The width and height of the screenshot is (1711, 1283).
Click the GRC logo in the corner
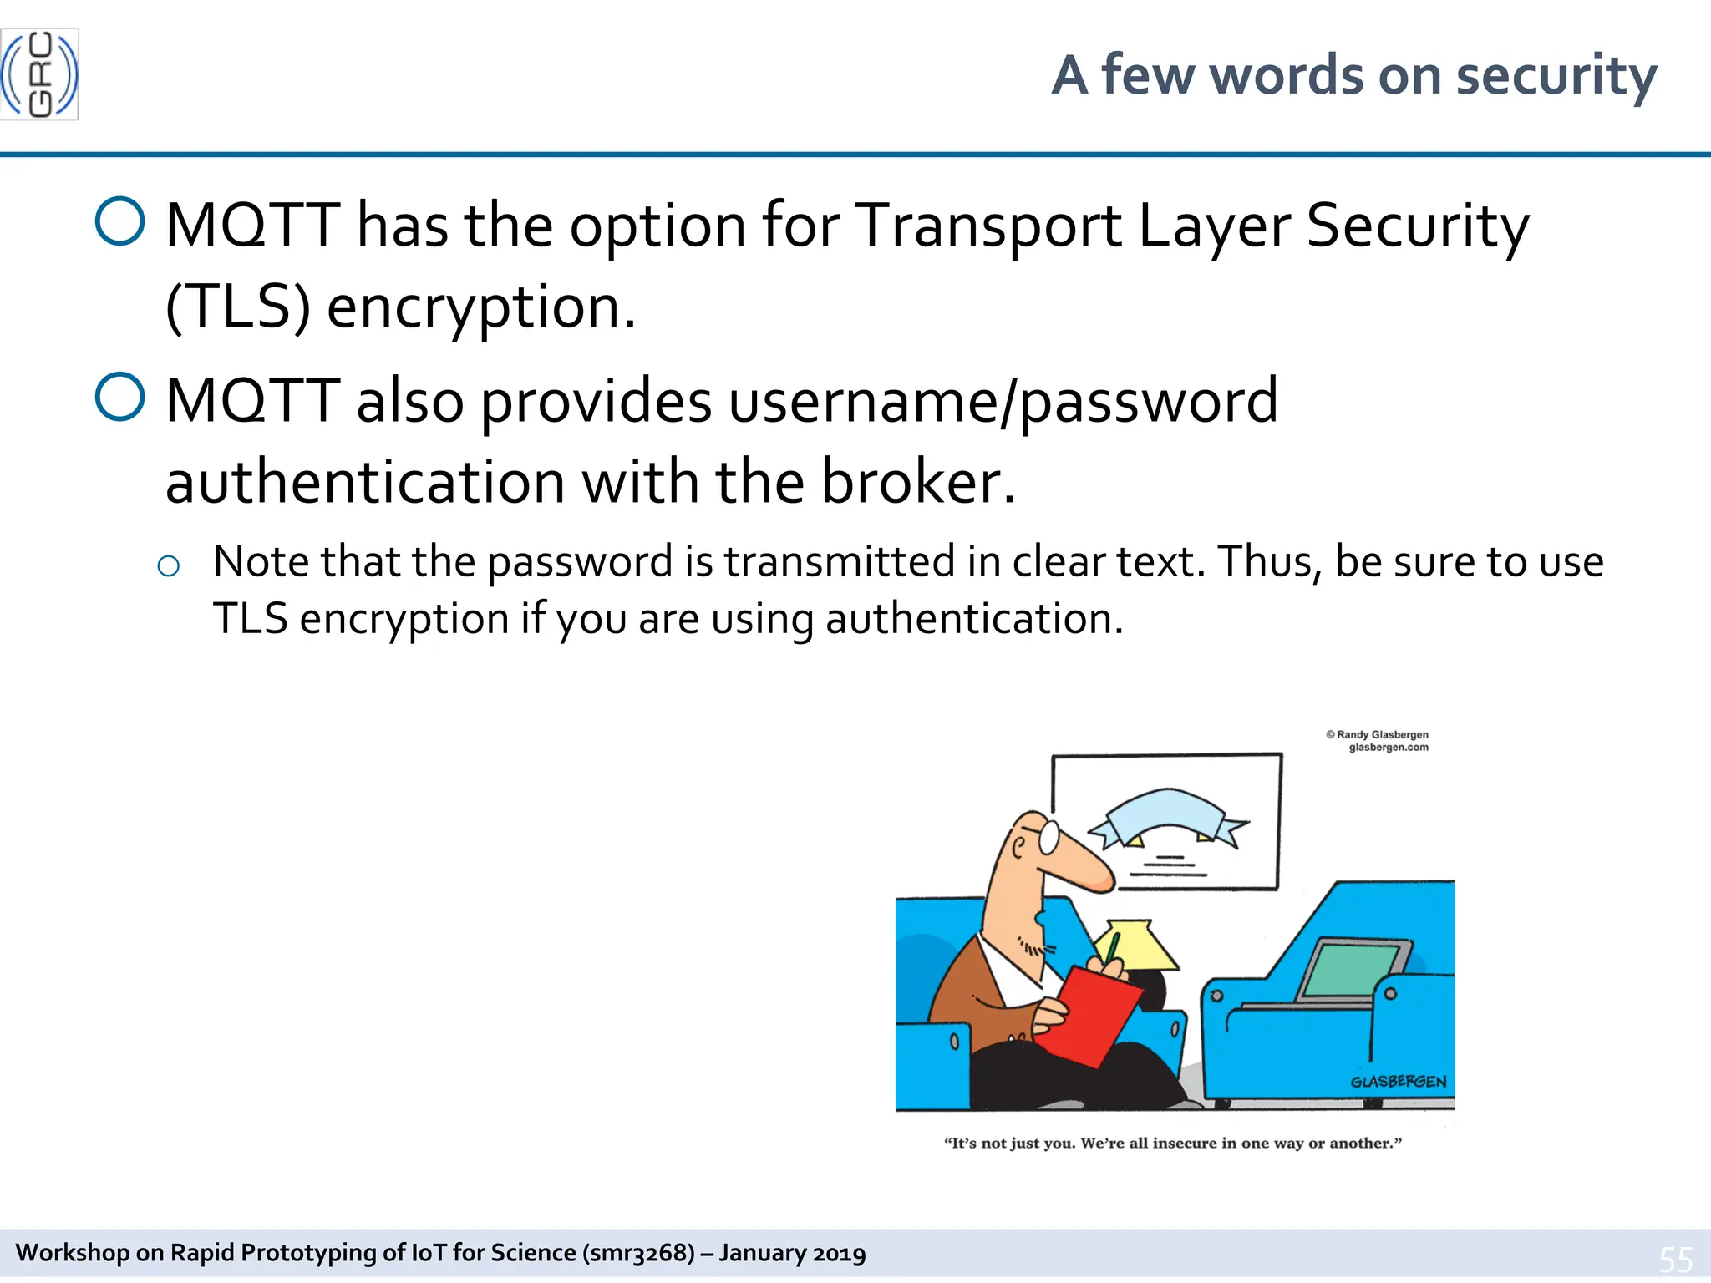tap(39, 74)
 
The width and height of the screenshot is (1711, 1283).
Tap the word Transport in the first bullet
tap(990, 226)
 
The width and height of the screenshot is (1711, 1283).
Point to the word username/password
tap(1003, 401)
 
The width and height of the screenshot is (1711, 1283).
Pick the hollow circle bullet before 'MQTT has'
tap(120, 221)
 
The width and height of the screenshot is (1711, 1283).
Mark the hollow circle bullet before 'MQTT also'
tap(120, 397)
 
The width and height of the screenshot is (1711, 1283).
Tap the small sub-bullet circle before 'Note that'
tap(168, 566)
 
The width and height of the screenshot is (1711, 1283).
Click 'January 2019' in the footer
tap(792, 1253)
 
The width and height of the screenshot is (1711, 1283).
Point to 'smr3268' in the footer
tap(639, 1253)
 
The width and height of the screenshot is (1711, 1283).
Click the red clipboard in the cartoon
tap(1090, 1015)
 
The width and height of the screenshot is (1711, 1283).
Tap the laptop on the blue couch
tap(1353, 969)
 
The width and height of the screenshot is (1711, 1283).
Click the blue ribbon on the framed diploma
tap(1168, 814)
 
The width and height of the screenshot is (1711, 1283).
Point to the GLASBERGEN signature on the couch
tap(1398, 1082)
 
